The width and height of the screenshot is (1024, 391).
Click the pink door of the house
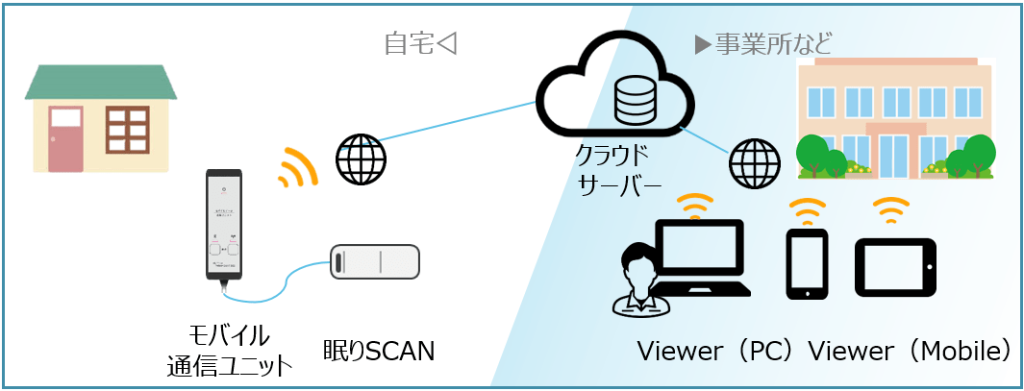(x=66, y=139)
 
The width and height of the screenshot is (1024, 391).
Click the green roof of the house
(x=101, y=83)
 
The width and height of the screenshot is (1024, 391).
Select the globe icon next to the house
(x=361, y=159)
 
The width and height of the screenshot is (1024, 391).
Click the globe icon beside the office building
(x=754, y=163)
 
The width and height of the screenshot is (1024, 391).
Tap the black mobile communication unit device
(x=223, y=225)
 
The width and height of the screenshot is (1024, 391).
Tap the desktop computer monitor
(x=699, y=253)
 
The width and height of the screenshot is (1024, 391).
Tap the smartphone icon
(x=807, y=263)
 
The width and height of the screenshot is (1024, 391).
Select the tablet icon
(x=894, y=264)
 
